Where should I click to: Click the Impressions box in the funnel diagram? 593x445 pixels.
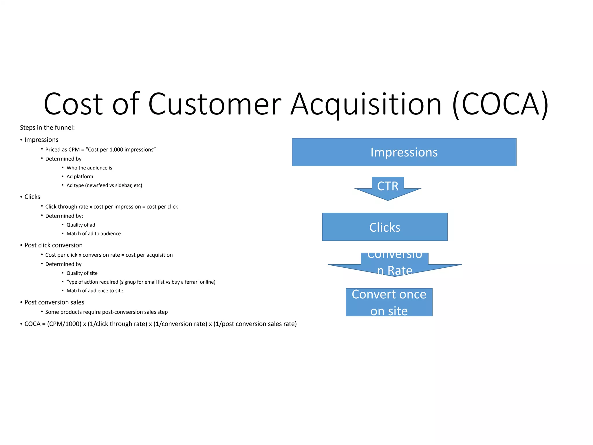[404, 152]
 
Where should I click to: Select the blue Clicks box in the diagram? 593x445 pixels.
[385, 227]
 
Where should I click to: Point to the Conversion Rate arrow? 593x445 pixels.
[394, 264]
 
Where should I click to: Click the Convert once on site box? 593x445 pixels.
[389, 302]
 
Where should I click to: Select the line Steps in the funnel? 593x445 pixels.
[47, 128]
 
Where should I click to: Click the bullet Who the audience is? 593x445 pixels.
[89, 168]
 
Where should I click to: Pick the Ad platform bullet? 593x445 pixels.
[80, 177]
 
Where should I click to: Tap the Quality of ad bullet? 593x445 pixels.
[80, 225]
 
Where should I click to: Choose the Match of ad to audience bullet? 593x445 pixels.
[94, 234]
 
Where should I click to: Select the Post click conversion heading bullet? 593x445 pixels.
[53, 245]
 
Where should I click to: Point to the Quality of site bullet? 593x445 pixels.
[82, 273]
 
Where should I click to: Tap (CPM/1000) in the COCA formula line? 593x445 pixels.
[64, 324]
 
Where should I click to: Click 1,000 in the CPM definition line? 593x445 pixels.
[116, 150]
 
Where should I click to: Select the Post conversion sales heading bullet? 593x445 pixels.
[54, 302]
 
